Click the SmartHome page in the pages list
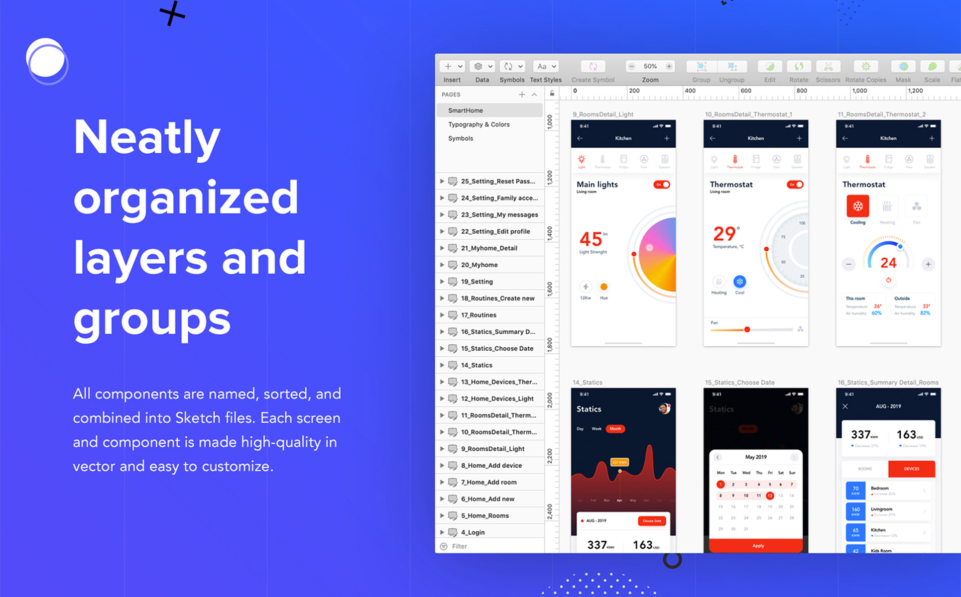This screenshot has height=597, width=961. click(465, 110)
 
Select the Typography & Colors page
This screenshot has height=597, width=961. click(479, 124)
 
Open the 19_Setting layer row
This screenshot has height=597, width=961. click(477, 282)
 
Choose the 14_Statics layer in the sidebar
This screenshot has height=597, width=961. click(476, 365)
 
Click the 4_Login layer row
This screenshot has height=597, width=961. click(472, 532)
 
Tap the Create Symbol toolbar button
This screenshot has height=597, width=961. click(593, 67)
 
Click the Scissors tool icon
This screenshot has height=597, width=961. click(828, 67)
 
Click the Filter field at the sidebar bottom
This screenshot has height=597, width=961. click(460, 546)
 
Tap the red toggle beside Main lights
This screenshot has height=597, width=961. click(662, 185)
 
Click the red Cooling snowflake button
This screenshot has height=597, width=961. click(857, 206)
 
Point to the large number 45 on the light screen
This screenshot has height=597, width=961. click(591, 239)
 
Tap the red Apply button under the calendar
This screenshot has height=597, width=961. click(757, 546)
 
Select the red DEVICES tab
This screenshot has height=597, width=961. click(911, 469)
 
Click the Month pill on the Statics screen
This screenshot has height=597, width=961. click(615, 429)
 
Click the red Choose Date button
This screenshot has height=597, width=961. click(651, 521)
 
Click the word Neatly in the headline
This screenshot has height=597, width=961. click(146, 138)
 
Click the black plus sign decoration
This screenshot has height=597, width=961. click(172, 13)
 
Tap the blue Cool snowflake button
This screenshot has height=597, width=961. click(739, 282)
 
